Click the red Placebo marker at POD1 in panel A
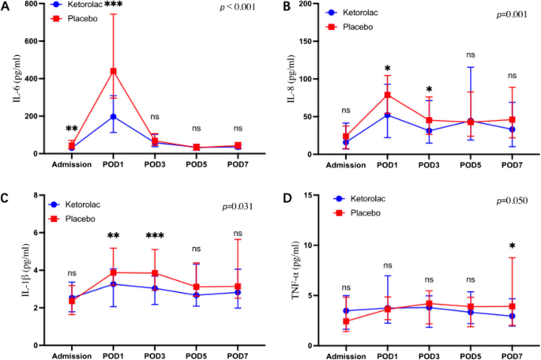pos(114,71)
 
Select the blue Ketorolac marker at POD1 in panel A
pos(114,116)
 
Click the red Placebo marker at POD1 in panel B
pos(387,95)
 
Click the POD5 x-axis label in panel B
pos(470,166)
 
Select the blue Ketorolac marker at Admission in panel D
pos(346,310)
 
